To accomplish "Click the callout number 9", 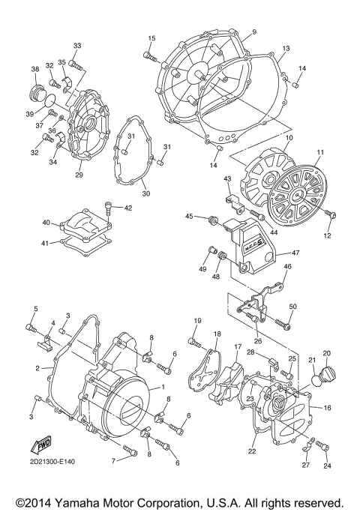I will pos(253,31).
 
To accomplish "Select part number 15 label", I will pos(151,38).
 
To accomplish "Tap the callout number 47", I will pos(295,253).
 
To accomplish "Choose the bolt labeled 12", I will pos(332,214).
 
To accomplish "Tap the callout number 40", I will pos(46,223).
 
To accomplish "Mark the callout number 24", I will pos(326,466).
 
